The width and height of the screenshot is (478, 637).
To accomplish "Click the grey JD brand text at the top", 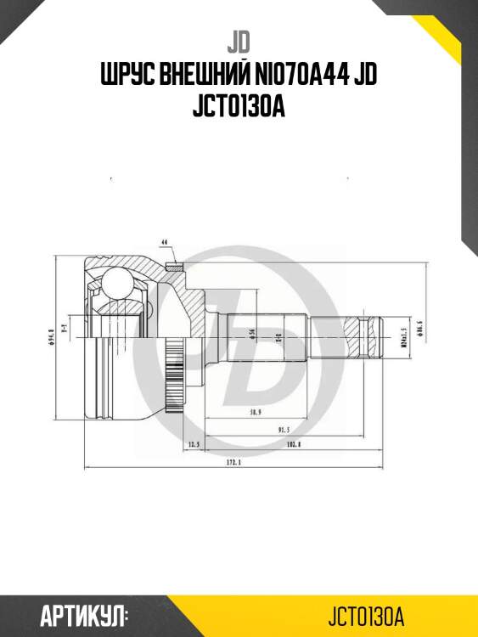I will coord(239,41).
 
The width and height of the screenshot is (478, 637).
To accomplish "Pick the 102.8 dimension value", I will coord(294,444).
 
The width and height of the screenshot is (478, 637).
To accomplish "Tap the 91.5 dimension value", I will coord(272,430).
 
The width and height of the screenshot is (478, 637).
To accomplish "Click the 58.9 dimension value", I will coord(254,410).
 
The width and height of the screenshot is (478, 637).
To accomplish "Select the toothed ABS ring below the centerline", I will coord(175,365).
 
